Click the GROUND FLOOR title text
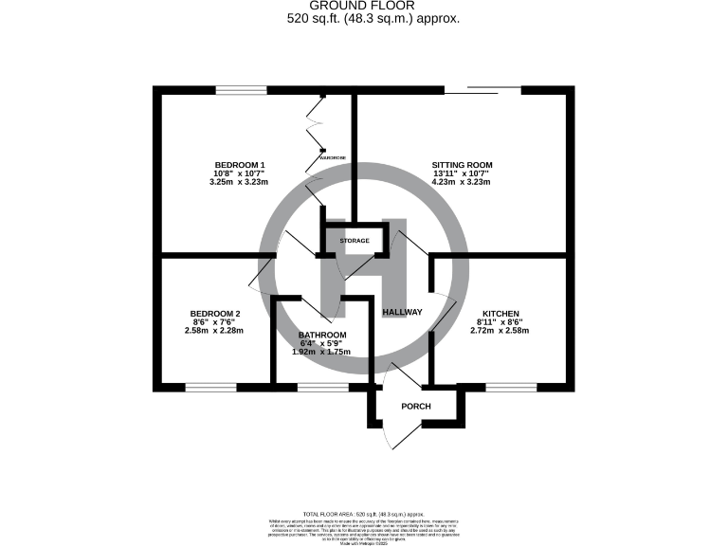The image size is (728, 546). point(364,7)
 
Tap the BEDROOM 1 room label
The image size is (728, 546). point(239,165)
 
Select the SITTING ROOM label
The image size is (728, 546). point(462,165)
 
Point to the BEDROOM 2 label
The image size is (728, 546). point(215,314)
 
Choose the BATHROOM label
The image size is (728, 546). point(322,336)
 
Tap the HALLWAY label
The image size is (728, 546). point(402,312)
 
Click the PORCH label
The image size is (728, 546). point(416,407)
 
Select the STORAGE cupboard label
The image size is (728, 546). point(355,241)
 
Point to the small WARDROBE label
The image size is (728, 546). point(333,157)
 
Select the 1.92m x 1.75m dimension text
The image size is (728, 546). point(322,352)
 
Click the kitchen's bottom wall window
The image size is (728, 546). point(511,387)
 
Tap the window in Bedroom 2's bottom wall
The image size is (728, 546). point(210,387)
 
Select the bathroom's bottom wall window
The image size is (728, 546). point(322,387)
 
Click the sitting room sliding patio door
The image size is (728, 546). point(483,91)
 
